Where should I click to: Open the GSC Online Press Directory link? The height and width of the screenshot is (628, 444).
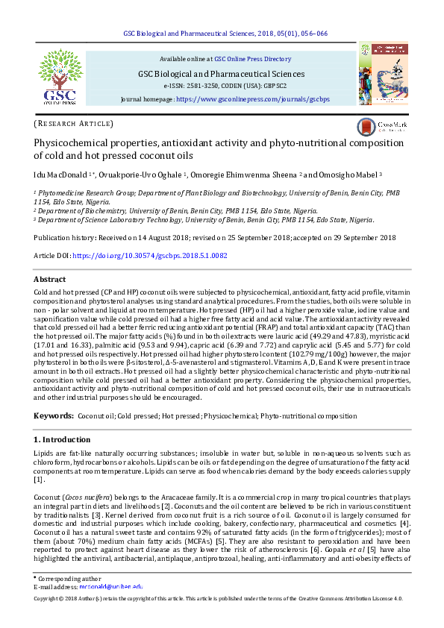pyautogui.click(x=252, y=58)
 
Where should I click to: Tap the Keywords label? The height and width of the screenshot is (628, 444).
pyautogui.click(x=53, y=415)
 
